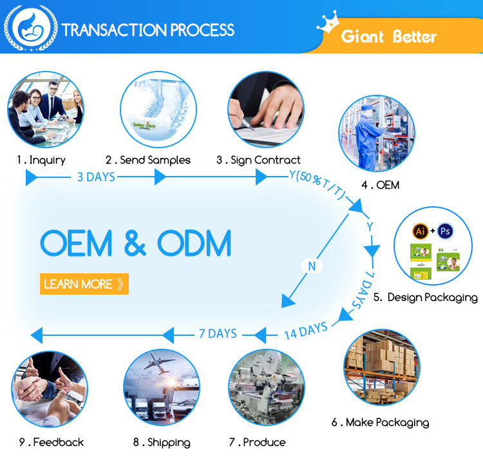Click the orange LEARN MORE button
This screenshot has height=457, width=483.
tap(84, 284)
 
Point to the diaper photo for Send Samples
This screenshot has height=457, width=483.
tap(155, 110)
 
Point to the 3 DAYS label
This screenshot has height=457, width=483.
tap(96, 177)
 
